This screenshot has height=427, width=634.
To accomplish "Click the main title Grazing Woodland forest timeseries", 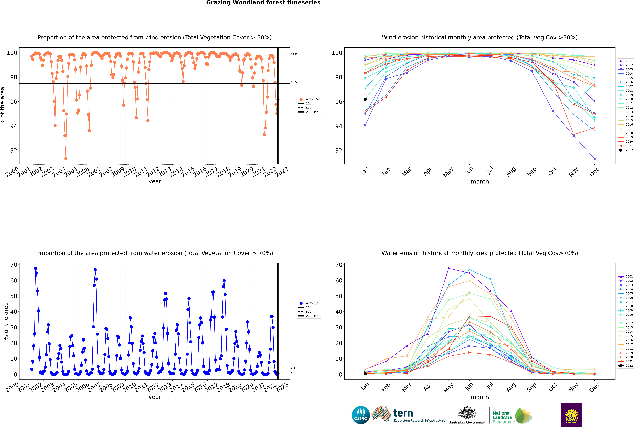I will tap(263, 3).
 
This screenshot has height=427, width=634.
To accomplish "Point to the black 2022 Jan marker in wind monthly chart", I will tap(365, 99).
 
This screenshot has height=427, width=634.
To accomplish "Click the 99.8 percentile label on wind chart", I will tap(293, 54).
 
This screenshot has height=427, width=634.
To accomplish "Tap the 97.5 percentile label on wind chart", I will tap(293, 82).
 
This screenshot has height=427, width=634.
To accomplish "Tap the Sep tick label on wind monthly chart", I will tap(532, 172).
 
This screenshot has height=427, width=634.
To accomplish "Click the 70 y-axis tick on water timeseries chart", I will tap(14, 265).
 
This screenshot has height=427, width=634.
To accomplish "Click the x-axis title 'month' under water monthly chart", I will tap(480, 397).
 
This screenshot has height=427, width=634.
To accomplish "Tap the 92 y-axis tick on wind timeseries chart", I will tap(14, 151).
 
